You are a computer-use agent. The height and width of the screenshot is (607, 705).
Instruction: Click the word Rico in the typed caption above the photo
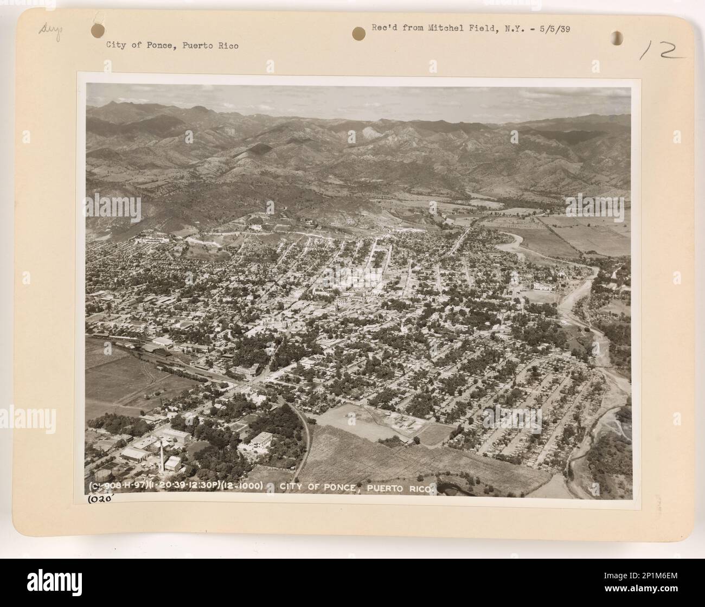pos(227,46)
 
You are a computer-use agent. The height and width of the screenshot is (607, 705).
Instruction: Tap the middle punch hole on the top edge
pos(358,33)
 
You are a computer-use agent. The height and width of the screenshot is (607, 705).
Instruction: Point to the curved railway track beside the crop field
pos(306,439)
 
